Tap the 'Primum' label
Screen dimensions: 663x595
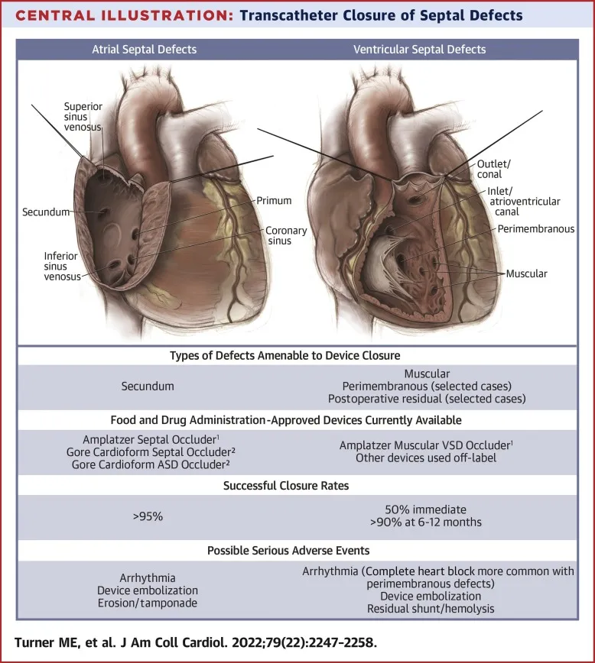pos(274,201)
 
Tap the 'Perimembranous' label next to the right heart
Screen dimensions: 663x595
pos(535,228)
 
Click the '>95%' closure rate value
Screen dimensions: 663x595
pos(148,516)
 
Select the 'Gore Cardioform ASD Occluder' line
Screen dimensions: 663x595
pos(148,463)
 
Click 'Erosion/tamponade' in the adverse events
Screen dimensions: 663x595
pos(148,603)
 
